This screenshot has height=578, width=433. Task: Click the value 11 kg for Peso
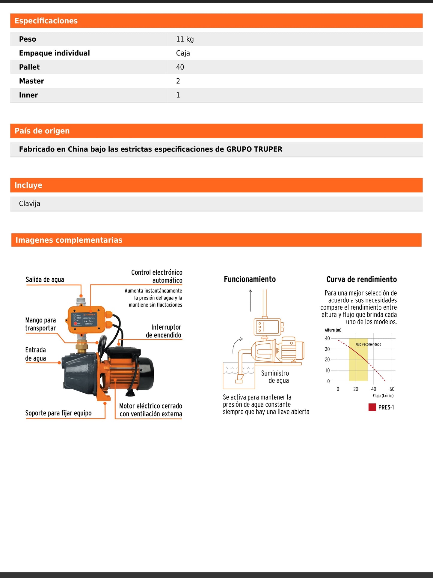185,39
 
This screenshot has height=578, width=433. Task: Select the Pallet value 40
180,67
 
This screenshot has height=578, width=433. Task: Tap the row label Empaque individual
54,53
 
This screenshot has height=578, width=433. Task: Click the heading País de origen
42,131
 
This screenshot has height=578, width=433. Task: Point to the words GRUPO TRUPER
254,149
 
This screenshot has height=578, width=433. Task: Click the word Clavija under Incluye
29,204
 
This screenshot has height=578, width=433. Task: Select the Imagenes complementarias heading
69,240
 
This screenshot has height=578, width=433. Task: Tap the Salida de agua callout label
45,280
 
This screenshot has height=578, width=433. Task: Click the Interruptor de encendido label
164,331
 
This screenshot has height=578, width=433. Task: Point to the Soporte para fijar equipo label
58,413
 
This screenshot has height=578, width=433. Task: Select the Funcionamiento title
250,279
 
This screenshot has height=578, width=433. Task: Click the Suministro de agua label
275,377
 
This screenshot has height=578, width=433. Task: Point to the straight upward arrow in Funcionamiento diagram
250,300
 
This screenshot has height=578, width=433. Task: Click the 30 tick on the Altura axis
327,349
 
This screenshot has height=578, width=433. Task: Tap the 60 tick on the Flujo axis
392,389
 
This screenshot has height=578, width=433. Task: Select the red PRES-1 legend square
372,407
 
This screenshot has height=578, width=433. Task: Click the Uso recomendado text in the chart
368,344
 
